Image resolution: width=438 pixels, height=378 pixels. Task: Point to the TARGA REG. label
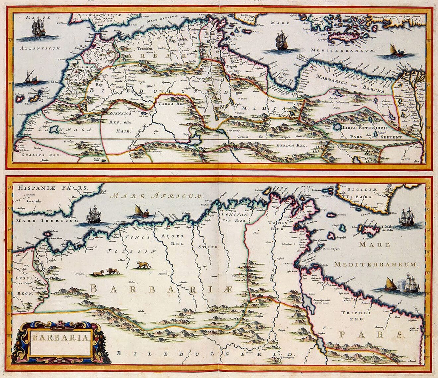tap(173, 104)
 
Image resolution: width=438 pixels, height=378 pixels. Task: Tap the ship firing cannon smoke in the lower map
tap(411, 284)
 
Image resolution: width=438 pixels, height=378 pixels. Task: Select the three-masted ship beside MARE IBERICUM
tap(94, 215)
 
